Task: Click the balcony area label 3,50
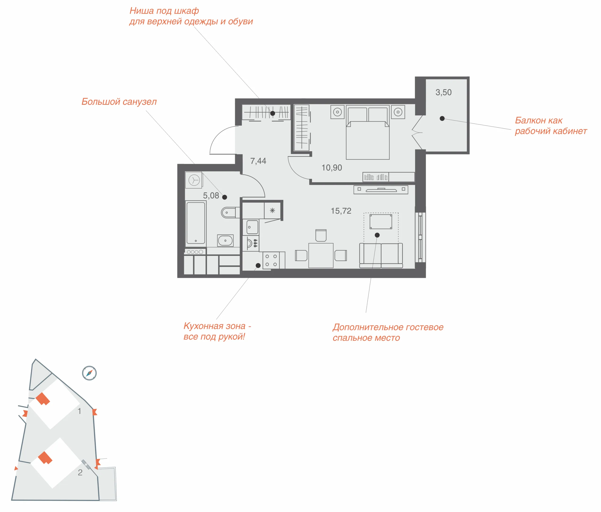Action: tap(443, 92)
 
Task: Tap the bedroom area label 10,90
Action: tap(332, 167)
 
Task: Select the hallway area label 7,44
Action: tap(258, 161)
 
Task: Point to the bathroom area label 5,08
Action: tap(211, 195)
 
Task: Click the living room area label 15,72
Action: tap(341, 211)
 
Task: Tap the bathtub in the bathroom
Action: tap(196, 223)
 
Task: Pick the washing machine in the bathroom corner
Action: tap(194, 180)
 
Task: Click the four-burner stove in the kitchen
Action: tap(271, 260)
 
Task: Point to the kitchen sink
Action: tap(252, 227)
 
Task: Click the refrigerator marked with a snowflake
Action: tap(272, 210)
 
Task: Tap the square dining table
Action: tap(321, 256)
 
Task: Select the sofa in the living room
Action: tap(381, 256)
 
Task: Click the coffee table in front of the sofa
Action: tap(381, 222)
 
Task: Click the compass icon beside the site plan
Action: tap(89, 373)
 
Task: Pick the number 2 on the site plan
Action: tap(80, 473)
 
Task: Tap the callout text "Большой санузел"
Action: tap(119, 102)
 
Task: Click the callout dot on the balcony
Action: tap(442, 118)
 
